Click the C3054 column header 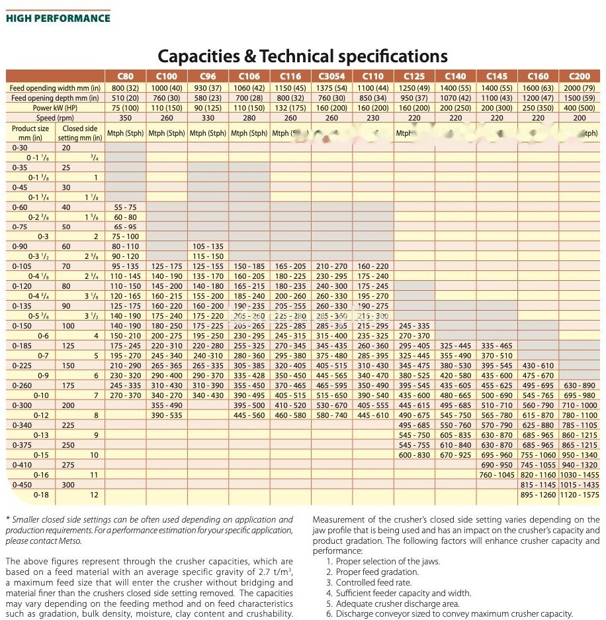[x=332, y=76]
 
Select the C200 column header [x=579, y=76]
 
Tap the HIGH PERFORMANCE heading [x=58, y=18]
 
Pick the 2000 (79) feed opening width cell [x=579, y=87]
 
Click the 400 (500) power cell [x=579, y=108]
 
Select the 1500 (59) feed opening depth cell [x=579, y=98]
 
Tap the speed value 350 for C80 [x=126, y=118]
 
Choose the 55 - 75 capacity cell [x=126, y=207]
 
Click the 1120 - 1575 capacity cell [x=579, y=495]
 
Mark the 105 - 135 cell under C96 [x=208, y=246]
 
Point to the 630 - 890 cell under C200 [x=579, y=386]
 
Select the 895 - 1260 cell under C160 [x=539, y=495]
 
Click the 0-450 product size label [x=22, y=485]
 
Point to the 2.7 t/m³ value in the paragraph [x=265, y=572]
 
